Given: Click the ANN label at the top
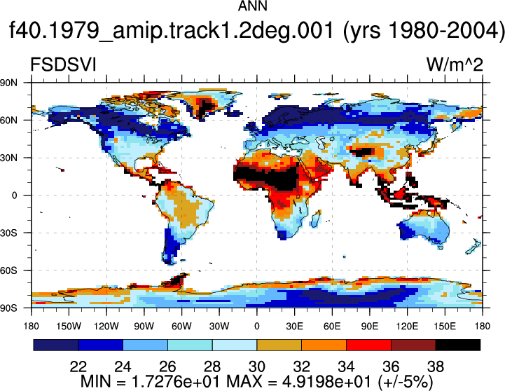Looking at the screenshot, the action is (x=252, y=6).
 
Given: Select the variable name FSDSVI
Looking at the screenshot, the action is (x=63, y=64).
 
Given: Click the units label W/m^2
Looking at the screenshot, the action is (x=455, y=64).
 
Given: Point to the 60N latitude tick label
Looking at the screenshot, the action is (x=8, y=120).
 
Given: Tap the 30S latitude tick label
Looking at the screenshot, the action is (x=8, y=233).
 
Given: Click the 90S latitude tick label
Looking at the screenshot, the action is (x=8, y=308).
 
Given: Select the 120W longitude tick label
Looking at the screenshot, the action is (x=106, y=327).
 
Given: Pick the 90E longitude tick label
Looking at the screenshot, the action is (x=369, y=327).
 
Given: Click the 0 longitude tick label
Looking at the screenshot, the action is (x=256, y=327).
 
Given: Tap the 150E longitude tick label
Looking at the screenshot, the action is (x=445, y=327).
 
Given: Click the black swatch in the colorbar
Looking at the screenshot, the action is (x=458, y=345).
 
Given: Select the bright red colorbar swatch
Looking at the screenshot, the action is (x=368, y=345).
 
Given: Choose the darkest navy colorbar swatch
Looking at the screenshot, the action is (x=56, y=345).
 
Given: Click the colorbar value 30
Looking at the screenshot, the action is (x=256, y=366).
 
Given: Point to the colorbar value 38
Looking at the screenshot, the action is (x=436, y=366).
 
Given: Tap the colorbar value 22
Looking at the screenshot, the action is (x=78, y=366).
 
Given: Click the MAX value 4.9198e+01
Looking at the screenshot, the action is (x=326, y=382).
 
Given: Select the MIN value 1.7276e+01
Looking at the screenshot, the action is (x=176, y=382).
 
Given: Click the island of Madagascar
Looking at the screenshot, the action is (x=316, y=219).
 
